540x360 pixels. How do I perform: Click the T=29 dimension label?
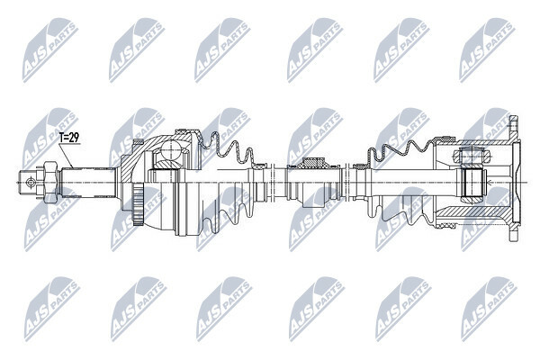[x=69, y=138]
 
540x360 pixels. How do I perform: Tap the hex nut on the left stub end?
[x=49, y=182]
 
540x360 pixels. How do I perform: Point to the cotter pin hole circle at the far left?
[x=31, y=182]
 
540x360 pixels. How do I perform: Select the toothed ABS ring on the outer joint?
[x=138, y=204]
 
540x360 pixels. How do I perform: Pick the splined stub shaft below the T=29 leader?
[x=88, y=182]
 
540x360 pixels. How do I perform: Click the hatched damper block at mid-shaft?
[x=313, y=162]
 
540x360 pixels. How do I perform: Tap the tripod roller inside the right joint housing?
[x=472, y=182]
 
